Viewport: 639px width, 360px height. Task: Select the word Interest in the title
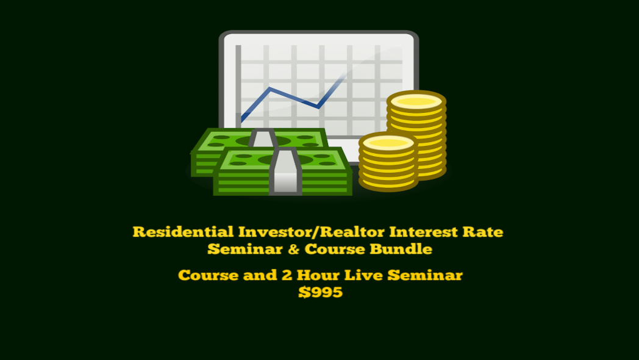(x=423, y=232)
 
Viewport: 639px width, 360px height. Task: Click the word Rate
(x=483, y=232)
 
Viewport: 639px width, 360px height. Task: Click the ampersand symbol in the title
(x=293, y=249)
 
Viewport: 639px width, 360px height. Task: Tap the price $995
(x=320, y=292)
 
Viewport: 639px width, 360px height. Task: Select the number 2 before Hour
(x=287, y=275)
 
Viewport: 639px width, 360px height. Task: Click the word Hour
(x=318, y=275)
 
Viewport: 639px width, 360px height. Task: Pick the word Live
(x=364, y=275)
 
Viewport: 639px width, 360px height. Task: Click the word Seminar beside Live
(x=425, y=275)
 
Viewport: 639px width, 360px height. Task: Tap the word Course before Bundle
(x=335, y=249)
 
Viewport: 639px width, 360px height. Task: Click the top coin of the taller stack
(x=416, y=101)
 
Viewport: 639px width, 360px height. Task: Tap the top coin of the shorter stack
(x=388, y=142)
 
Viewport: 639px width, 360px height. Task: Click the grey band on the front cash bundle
(x=285, y=171)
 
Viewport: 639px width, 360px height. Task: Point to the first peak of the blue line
(x=270, y=88)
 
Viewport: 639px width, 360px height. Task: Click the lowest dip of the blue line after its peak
(x=318, y=107)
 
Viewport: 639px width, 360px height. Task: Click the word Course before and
(x=209, y=275)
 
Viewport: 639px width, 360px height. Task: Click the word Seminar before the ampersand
(x=245, y=249)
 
